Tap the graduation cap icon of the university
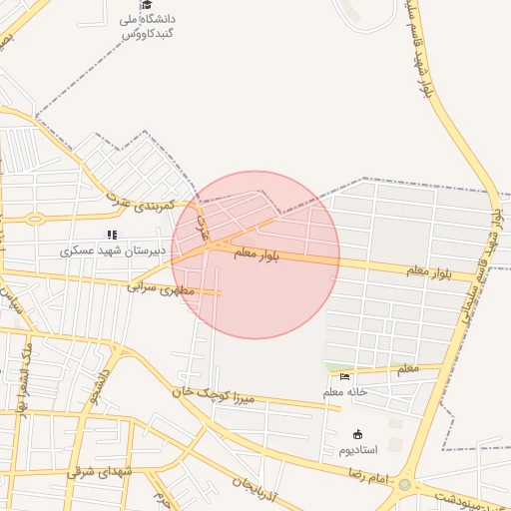pyautogui.click(x=146, y=5)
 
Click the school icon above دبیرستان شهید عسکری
pyautogui.click(x=112, y=235)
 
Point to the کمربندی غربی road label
pyautogui.click(x=140, y=203)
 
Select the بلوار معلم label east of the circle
pyautogui.click(x=430, y=270)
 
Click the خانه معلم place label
pyautogui.click(x=345, y=392)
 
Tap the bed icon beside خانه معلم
pyautogui.click(x=344, y=376)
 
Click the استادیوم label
pyautogui.click(x=357, y=449)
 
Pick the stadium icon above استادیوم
pyautogui.click(x=357, y=433)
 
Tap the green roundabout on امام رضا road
pyautogui.click(x=404, y=485)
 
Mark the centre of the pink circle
pyautogui.click(x=256, y=255)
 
